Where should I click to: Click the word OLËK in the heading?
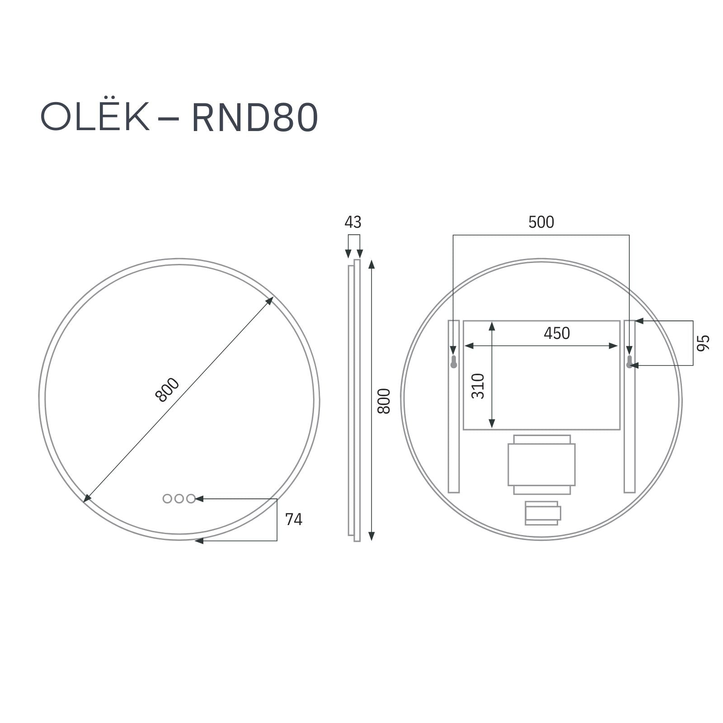coord(95,117)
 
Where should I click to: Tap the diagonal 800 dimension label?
coord(167,390)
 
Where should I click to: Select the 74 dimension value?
coord(293,520)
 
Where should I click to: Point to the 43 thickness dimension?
coord(353,222)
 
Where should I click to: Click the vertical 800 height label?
coord(384,401)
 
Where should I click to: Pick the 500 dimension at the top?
coord(541,222)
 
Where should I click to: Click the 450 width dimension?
coord(556,333)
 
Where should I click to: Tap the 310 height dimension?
coord(478,386)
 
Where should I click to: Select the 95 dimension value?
coord(704,343)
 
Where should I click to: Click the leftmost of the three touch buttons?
coord(167,498)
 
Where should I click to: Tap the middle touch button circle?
coord(179,498)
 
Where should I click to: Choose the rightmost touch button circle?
coord(191,498)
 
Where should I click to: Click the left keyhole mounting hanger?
coord(454,361)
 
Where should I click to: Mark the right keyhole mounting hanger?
coord(629,361)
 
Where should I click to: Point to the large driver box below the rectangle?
coord(541,465)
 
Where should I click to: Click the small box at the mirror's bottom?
coord(542,513)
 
